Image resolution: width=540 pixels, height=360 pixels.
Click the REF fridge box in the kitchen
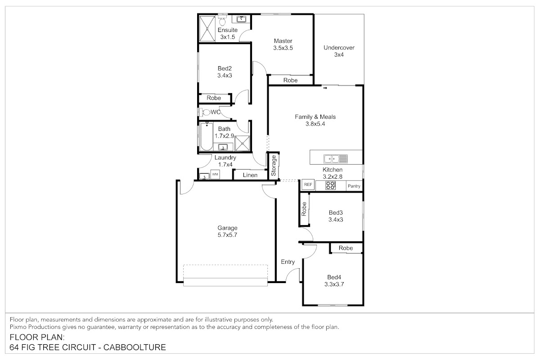(x=308, y=184)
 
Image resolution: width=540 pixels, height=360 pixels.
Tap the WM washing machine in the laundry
(x=215, y=174)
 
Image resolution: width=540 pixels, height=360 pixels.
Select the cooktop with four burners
(x=330, y=185)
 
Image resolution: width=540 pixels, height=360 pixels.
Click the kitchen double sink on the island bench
(x=336, y=159)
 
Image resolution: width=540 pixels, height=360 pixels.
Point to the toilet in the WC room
(x=204, y=112)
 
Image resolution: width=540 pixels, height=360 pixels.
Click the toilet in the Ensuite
(x=222, y=20)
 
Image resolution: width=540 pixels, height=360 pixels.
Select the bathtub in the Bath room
(x=207, y=136)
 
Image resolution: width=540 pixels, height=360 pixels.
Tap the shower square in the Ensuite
(x=207, y=29)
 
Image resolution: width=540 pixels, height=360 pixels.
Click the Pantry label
(x=354, y=186)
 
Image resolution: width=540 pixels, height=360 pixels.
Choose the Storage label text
(x=274, y=166)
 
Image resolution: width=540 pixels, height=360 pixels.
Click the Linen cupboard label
(x=250, y=175)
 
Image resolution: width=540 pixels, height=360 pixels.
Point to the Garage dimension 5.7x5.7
(x=227, y=235)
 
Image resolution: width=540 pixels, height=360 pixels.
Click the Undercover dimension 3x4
(x=339, y=55)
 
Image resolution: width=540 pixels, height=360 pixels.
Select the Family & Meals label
(x=315, y=117)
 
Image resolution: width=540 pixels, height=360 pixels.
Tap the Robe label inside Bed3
(x=304, y=209)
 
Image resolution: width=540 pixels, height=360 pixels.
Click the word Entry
(x=288, y=262)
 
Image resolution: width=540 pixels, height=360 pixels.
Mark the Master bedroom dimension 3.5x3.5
(x=283, y=48)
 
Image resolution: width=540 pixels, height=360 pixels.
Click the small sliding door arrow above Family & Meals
(x=325, y=88)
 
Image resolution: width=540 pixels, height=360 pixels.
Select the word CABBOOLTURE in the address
(x=135, y=347)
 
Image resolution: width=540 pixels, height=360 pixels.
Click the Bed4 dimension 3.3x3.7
(x=334, y=284)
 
